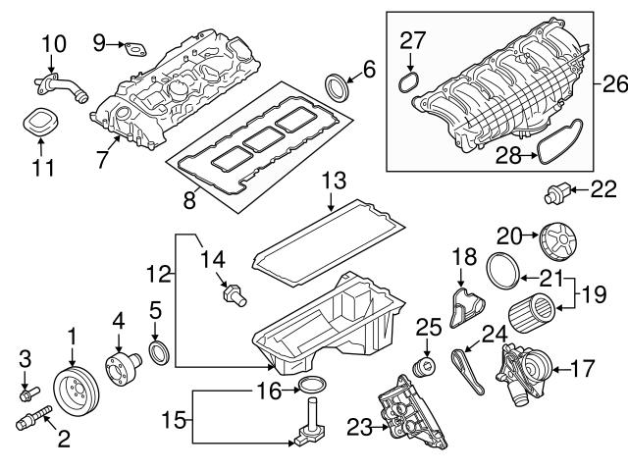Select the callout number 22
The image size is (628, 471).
[601, 189]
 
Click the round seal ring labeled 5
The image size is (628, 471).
[157, 351]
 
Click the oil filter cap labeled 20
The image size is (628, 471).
[557, 240]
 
